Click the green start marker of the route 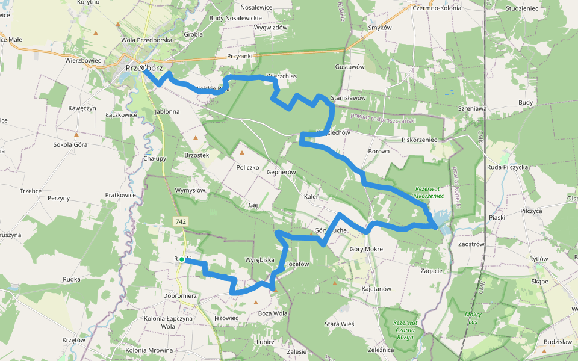[181, 259]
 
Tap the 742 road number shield [181, 222]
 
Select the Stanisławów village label [349, 97]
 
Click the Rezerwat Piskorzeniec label [427, 192]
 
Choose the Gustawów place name [350, 67]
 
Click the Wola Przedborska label [146, 40]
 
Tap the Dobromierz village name [180, 296]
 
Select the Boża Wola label [272, 313]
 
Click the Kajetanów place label [376, 289]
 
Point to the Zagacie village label [432, 271]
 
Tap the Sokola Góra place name [70, 144]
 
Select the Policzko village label [247, 167]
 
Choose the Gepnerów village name [281, 172]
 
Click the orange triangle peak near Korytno [118, 25]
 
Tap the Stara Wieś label [340, 324]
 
